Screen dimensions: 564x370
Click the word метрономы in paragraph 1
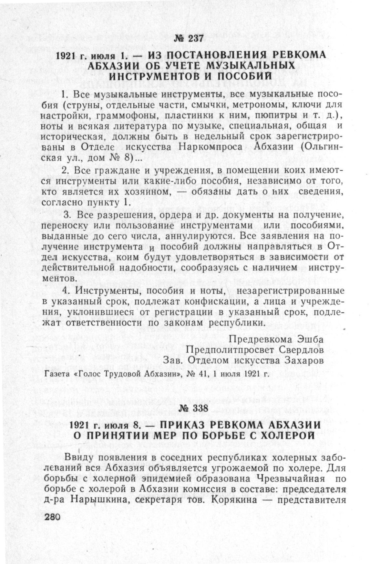pos(260,106)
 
